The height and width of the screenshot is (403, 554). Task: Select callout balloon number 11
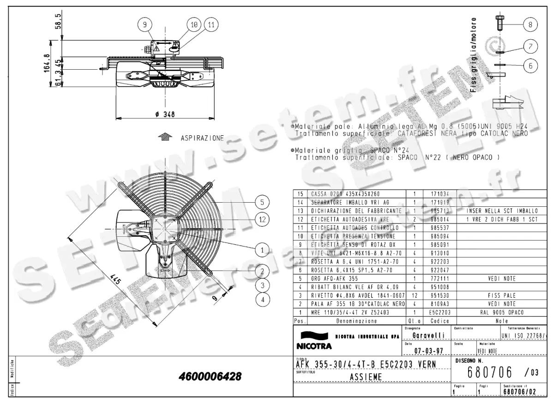pos(211,25)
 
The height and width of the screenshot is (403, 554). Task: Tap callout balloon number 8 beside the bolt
pos(530,24)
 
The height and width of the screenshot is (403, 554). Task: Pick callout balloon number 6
pos(530,66)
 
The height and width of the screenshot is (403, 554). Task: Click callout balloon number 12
pos(262,219)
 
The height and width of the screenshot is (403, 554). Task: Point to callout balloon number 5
pos(262,202)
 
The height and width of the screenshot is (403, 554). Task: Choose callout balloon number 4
pos(262,300)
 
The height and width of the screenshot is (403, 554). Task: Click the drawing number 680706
pos(491,371)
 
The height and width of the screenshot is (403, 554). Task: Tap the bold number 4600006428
pos(210,377)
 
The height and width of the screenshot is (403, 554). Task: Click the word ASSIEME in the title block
pos(363,377)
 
